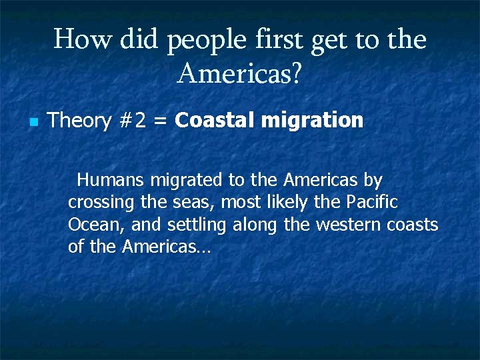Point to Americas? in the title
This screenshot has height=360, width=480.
pyautogui.click(x=239, y=75)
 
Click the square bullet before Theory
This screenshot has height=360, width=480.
pyautogui.click(x=33, y=122)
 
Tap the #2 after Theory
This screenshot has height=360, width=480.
pyautogui.click(x=131, y=121)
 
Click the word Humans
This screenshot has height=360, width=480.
pyautogui.click(x=111, y=180)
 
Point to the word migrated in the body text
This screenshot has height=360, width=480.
pyautogui.click(x=189, y=181)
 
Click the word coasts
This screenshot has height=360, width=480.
pyautogui.click(x=412, y=225)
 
